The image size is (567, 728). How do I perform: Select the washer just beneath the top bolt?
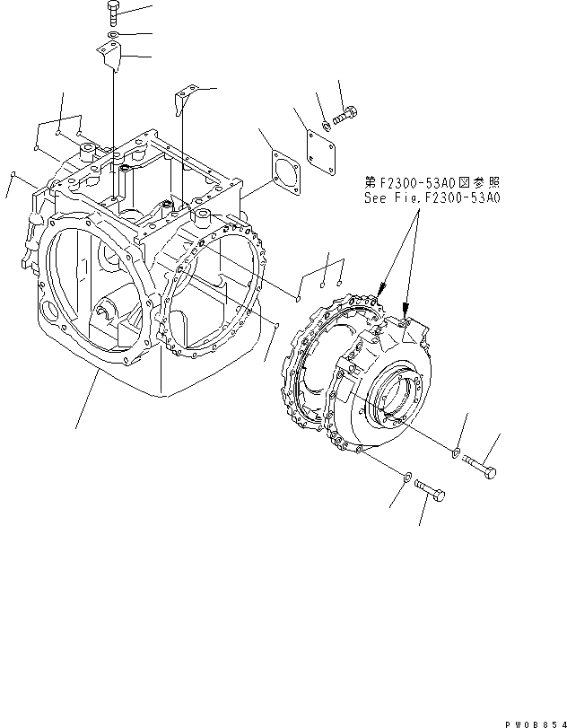tap(112, 36)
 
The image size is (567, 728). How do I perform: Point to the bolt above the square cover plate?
tap(346, 115)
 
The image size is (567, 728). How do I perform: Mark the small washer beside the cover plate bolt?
tap(327, 125)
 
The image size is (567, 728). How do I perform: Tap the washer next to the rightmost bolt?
tap(457, 452)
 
